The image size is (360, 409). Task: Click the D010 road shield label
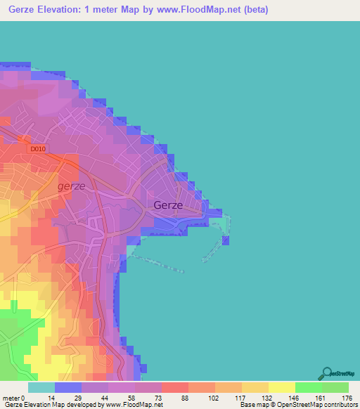[38, 149]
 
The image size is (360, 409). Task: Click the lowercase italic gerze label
[72, 186]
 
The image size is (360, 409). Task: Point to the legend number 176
[347, 398]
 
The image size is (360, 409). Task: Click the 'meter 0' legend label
[15, 398]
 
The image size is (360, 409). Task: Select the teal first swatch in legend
[41, 387]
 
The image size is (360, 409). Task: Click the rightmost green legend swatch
[335, 387]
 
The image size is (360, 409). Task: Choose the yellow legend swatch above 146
[281, 387]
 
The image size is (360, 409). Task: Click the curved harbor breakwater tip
[226, 241]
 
